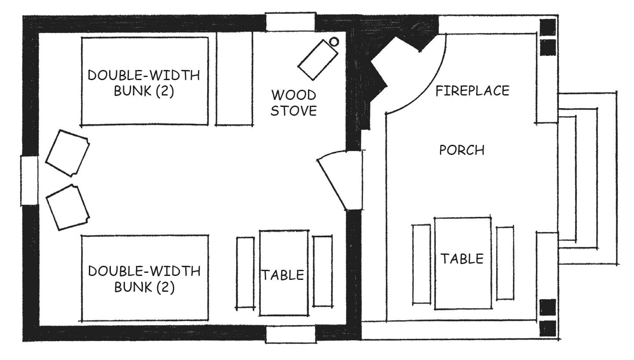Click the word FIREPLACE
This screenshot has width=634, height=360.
(472, 91)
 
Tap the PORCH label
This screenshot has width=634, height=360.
(462, 150)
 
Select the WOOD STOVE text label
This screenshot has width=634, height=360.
(293, 103)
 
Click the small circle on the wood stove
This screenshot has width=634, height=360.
(334, 42)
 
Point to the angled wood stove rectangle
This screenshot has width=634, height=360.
(317, 60)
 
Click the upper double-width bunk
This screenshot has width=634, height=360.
(145, 81)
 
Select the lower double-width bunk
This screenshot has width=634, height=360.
(145, 278)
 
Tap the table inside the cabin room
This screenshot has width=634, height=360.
(284, 273)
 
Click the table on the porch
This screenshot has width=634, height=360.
(463, 263)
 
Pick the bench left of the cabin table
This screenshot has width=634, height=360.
(246, 273)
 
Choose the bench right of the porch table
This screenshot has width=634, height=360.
(505, 263)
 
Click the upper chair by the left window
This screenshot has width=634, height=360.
(68, 154)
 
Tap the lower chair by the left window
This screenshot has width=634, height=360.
(68, 207)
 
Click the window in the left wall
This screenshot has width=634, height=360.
(29, 180)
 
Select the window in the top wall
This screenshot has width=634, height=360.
(291, 22)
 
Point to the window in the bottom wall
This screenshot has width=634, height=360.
(291, 334)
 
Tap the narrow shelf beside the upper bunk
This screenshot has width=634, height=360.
(235, 78)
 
